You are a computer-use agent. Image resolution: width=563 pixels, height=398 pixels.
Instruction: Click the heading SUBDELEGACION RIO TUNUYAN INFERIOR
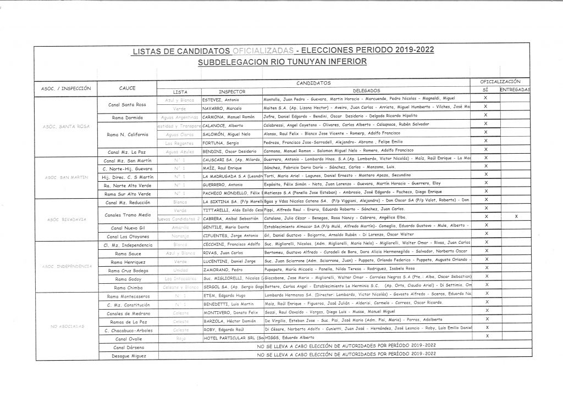tap(283, 62)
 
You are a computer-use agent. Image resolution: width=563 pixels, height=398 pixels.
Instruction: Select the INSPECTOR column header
tap(231, 91)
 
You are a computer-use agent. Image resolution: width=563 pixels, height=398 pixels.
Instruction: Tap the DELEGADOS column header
tap(366, 91)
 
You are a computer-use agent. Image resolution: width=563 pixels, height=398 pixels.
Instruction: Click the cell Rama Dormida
tap(126, 117)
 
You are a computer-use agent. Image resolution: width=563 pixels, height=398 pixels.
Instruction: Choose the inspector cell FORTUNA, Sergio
tap(218, 142)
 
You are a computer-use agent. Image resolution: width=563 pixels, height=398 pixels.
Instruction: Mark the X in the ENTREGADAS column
tap(516, 216)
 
